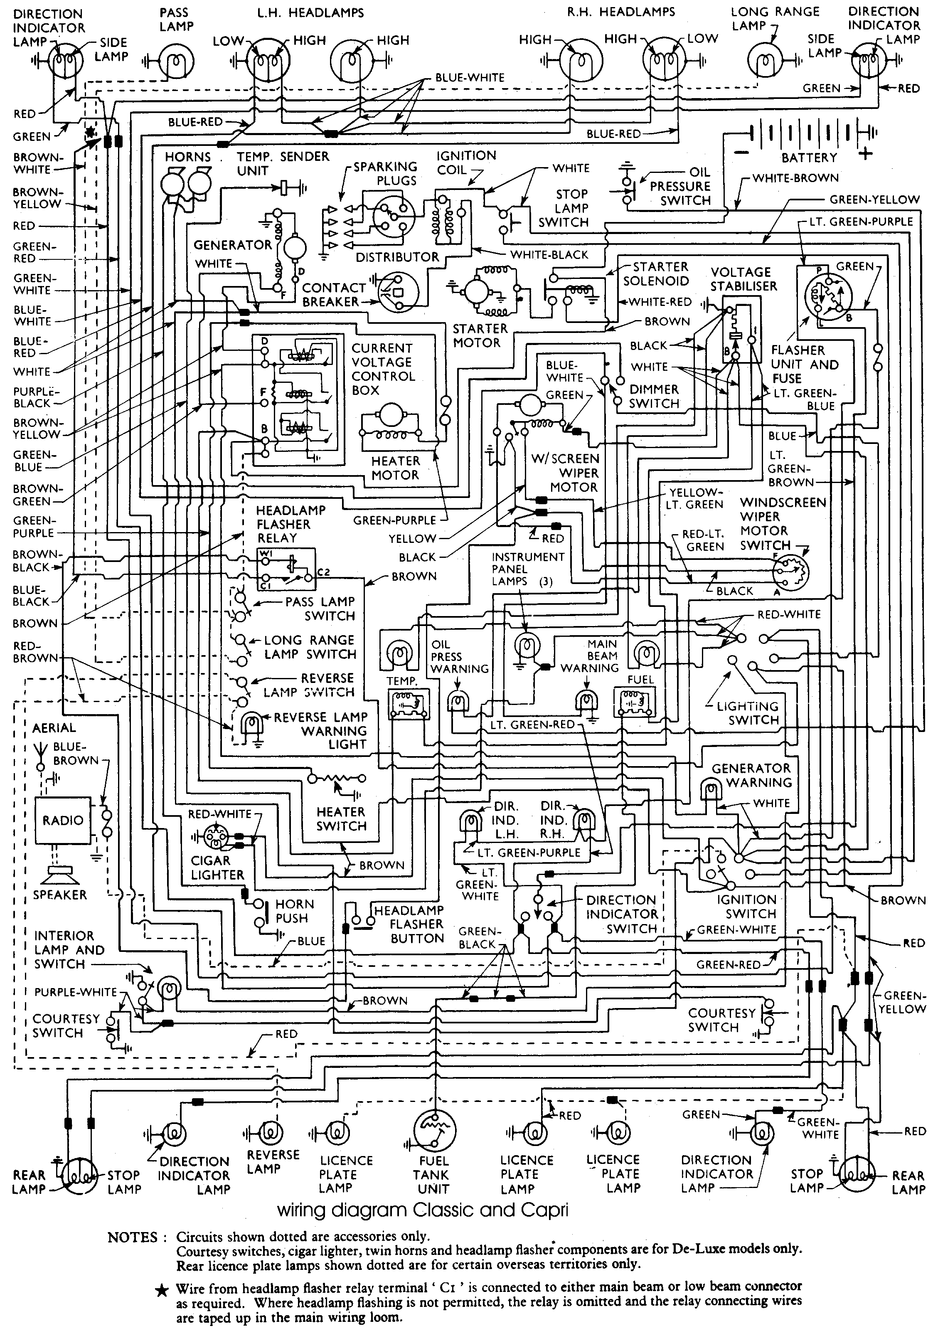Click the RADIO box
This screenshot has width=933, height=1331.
pyautogui.click(x=63, y=820)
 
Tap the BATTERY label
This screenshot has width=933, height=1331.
pyautogui.click(x=809, y=158)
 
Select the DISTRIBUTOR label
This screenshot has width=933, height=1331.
pyautogui.click(x=398, y=257)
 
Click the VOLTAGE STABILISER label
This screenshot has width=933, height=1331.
pyautogui.click(x=743, y=279)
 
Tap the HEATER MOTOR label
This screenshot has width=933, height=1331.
pyautogui.click(x=395, y=468)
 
